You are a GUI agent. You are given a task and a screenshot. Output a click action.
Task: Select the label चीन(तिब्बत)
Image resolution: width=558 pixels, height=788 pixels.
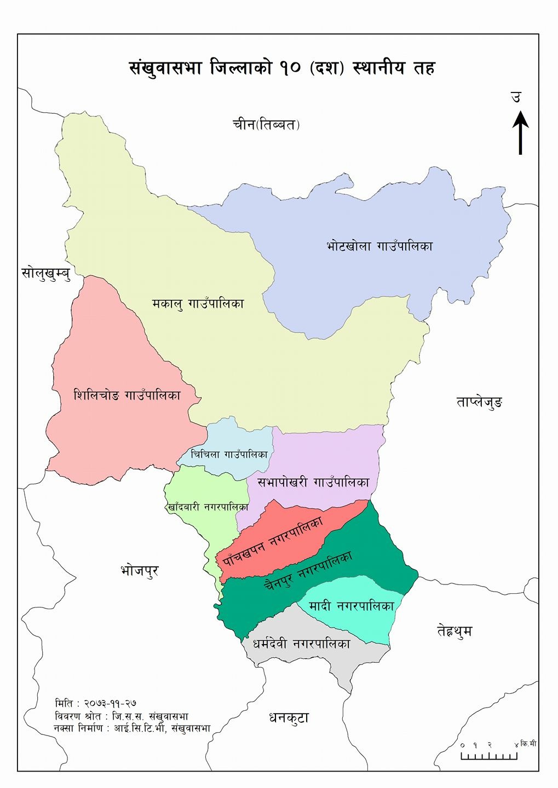click(x=266, y=125)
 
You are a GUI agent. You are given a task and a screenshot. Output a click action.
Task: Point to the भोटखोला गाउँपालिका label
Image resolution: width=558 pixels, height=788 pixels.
click(x=379, y=246)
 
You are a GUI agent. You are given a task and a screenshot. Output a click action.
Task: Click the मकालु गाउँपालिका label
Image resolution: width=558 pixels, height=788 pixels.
click(x=198, y=303)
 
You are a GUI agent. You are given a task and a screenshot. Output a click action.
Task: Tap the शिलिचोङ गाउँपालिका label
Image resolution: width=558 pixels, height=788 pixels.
click(x=127, y=395)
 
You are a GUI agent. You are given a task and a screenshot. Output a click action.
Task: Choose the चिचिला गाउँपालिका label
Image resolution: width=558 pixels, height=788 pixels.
click(x=229, y=455)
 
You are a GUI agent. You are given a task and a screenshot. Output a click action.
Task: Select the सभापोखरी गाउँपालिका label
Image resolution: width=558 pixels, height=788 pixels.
click(x=313, y=483)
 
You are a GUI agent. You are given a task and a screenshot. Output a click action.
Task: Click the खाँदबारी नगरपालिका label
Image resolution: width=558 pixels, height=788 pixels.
click(x=208, y=507)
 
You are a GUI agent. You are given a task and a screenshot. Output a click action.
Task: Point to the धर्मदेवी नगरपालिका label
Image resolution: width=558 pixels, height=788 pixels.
click(x=301, y=644)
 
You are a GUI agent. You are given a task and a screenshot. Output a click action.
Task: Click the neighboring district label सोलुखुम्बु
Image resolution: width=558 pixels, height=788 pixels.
click(x=46, y=273)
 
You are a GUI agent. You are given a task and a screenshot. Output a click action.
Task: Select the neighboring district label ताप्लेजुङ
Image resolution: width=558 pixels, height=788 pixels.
click(x=479, y=403)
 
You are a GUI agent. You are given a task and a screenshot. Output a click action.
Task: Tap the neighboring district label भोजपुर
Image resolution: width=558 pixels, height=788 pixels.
click(x=139, y=571)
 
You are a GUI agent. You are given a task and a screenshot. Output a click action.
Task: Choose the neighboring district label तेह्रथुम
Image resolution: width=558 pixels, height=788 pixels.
click(x=455, y=631)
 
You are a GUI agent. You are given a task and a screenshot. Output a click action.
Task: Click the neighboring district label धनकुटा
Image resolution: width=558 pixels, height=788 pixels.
click(x=289, y=718)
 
